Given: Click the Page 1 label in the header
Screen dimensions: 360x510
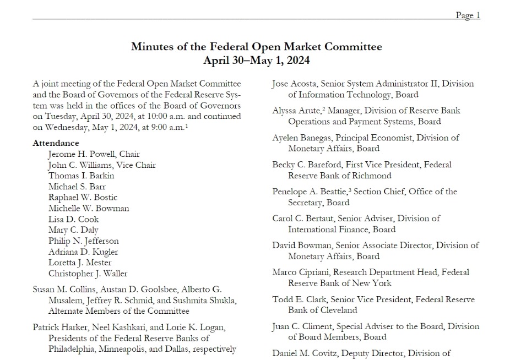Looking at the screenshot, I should (468, 15).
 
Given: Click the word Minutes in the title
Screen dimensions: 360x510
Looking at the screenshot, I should (152, 46).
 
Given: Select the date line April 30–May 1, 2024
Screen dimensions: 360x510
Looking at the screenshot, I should (256, 60).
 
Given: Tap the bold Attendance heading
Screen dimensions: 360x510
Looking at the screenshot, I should (56, 143).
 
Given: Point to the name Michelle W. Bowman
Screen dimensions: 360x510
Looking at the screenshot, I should (89, 209).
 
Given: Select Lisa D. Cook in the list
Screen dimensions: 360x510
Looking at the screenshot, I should (73, 219).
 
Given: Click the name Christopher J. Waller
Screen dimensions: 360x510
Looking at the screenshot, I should (88, 274).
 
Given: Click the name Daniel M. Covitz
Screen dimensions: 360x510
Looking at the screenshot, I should (305, 353).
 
